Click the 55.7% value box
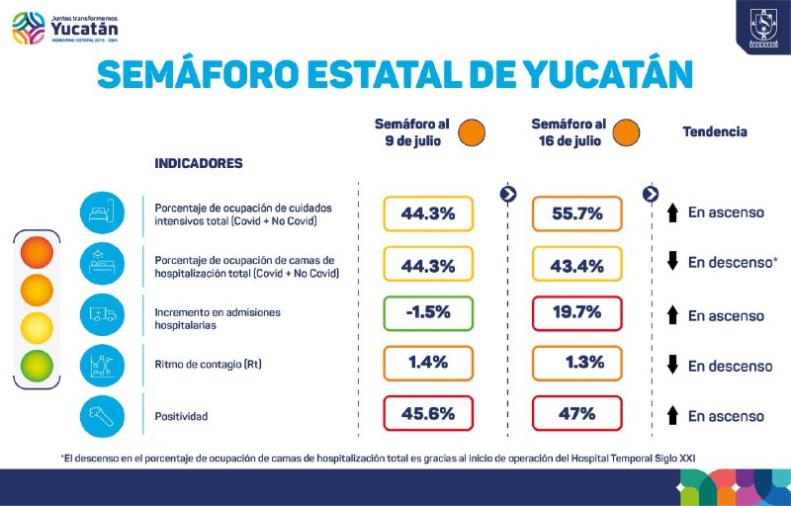click(x=577, y=213)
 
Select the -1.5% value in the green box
click(x=428, y=312)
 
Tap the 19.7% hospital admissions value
click(x=577, y=312)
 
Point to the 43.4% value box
click(x=577, y=264)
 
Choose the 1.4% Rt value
click(x=428, y=363)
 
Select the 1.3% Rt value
click(x=577, y=363)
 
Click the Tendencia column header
click(x=715, y=131)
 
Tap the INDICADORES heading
click(x=199, y=163)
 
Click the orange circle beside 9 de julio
click(x=472, y=131)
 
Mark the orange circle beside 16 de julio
click(x=625, y=131)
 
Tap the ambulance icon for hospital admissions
click(x=104, y=314)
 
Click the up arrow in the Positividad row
click(x=671, y=416)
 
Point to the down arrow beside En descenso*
click(x=671, y=262)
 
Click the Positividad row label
click(x=182, y=417)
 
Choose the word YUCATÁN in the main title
click(x=585, y=76)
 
